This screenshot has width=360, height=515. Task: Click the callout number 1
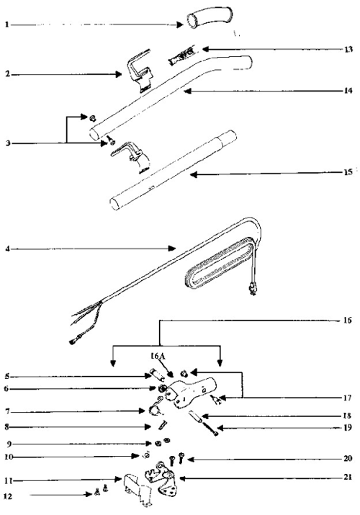7,24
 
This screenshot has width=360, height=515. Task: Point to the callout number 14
348,91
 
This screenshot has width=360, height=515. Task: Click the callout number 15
348,174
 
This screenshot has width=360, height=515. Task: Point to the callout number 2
7,73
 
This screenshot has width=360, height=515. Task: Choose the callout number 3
7,143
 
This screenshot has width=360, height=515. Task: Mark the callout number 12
7,495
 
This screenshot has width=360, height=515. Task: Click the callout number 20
348,457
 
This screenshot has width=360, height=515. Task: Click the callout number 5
7,375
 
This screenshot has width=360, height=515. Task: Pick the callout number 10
7,457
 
